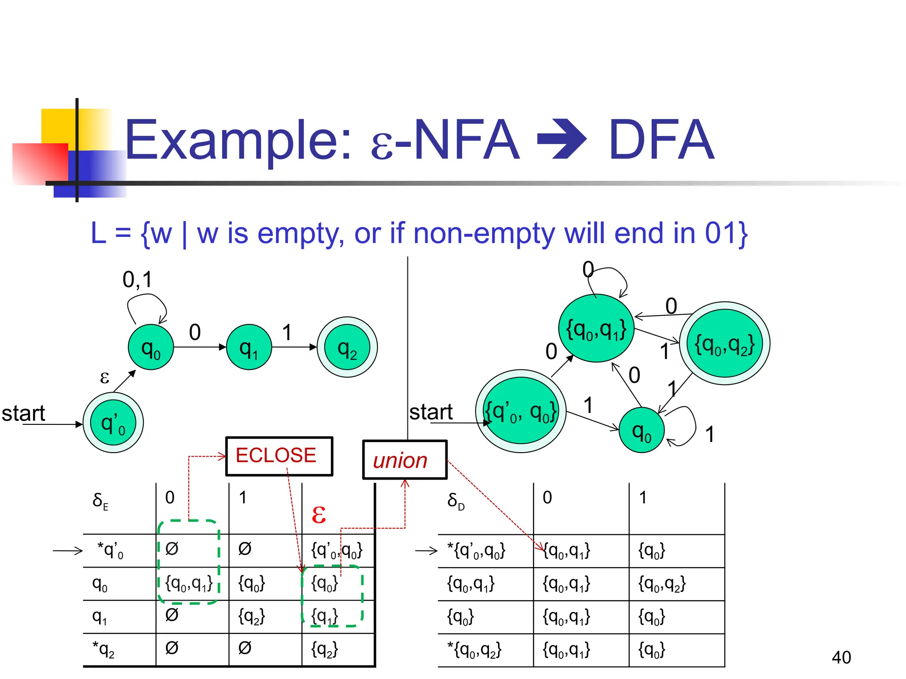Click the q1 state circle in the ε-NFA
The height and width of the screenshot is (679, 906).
click(x=249, y=347)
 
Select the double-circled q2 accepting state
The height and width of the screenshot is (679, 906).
click(x=347, y=347)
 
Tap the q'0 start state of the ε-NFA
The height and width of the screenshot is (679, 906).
click(x=113, y=423)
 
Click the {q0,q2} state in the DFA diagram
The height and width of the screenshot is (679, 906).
click(x=724, y=343)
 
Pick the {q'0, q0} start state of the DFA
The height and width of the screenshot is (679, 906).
click(x=520, y=411)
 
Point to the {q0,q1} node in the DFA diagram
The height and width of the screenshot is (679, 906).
click(x=596, y=328)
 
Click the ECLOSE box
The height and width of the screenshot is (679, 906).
click(x=279, y=456)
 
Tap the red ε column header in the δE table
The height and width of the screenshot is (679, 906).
click(x=319, y=514)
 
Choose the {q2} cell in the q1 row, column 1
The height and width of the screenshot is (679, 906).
click(x=251, y=616)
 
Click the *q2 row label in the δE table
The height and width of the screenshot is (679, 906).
click(x=104, y=649)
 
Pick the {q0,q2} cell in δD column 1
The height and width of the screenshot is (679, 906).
click(x=662, y=584)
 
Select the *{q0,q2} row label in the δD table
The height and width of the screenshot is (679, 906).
click(x=474, y=649)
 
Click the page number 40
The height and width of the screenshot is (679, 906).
click(x=841, y=657)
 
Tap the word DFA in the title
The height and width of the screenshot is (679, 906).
click(x=661, y=140)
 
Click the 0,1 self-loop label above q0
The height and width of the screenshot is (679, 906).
click(x=137, y=279)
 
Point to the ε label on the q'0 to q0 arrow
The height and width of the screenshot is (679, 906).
click(x=104, y=377)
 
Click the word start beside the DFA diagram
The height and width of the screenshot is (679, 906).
click(x=430, y=412)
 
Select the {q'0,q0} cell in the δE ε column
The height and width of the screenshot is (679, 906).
click(x=337, y=550)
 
